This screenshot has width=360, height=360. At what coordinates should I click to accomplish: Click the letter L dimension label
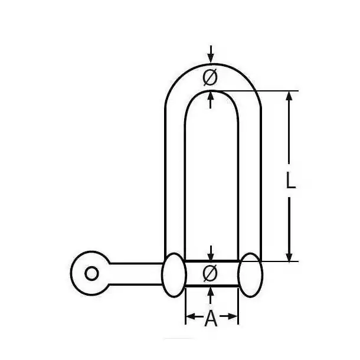click(x=291, y=181)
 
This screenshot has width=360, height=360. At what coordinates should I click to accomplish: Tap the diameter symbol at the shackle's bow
click(x=210, y=77)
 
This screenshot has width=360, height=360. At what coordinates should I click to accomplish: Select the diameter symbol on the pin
click(x=210, y=273)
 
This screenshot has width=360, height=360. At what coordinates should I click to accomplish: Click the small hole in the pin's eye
click(x=91, y=273)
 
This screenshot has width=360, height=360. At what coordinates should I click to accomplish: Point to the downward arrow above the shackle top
click(x=211, y=54)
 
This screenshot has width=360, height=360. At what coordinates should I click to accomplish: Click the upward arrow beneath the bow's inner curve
click(x=211, y=100)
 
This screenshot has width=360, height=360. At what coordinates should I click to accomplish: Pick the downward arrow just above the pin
click(x=211, y=253)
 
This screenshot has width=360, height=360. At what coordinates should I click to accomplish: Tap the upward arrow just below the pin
click(x=211, y=296)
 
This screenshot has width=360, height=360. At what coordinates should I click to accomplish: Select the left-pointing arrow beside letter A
click(x=194, y=316)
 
